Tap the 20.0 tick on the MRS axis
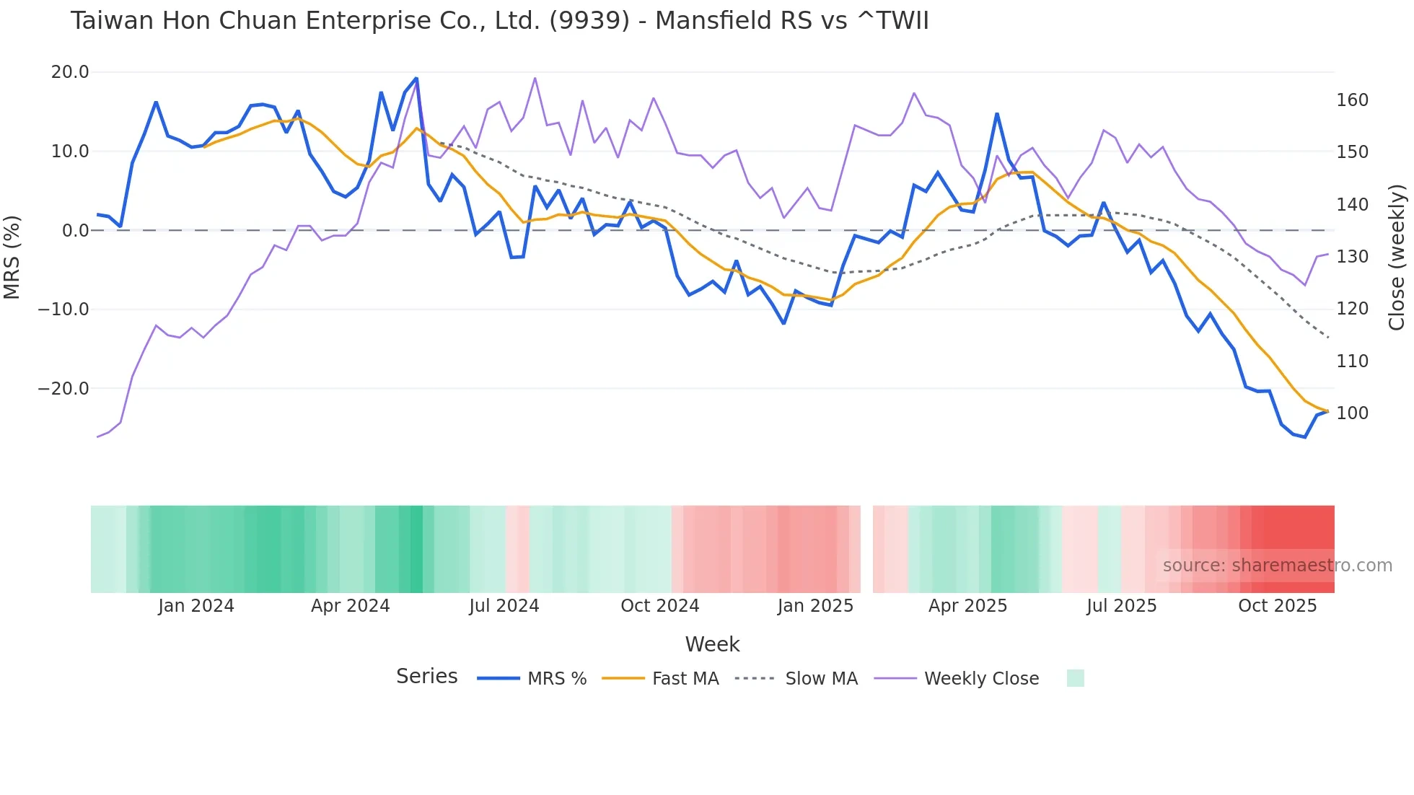(70, 72)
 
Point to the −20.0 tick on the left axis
(63, 389)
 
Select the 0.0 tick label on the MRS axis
(75, 231)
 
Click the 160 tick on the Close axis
(1352, 100)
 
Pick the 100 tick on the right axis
(1352, 413)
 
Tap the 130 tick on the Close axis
(1352, 257)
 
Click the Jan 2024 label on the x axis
(196, 606)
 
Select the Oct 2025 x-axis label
(1277, 606)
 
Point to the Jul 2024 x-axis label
(504, 606)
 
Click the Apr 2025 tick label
(967, 606)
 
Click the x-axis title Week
(712, 644)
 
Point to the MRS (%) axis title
(12, 257)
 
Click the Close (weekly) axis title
(1397, 257)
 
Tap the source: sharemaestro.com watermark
(1277, 566)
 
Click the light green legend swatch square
(1075, 678)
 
